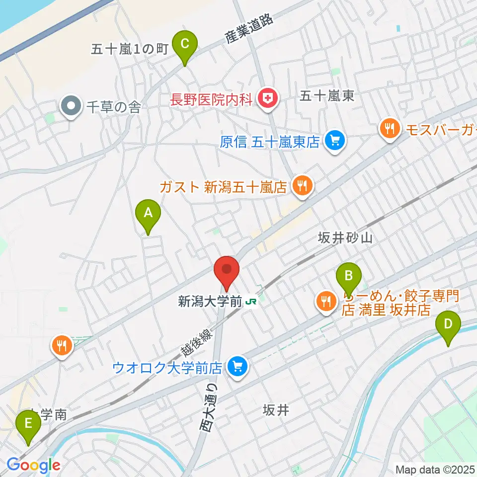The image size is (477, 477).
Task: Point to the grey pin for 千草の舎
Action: coord(71,106)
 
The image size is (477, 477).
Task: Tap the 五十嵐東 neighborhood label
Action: coord(327,96)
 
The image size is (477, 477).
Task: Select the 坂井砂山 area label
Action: coord(345,238)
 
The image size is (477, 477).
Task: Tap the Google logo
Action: coord(33,465)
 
